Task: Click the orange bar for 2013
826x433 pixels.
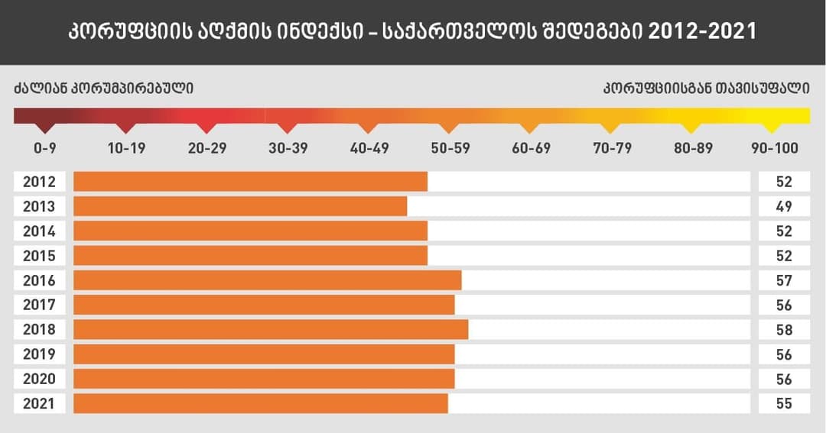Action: (x=240, y=206)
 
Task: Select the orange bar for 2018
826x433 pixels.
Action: (x=271, y=330)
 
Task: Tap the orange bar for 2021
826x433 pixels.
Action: (x=261, y=403)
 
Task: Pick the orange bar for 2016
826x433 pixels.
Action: (x=268, y=280)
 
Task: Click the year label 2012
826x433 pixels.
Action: (x=39, y=182)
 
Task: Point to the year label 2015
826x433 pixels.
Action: (x=39, y=256)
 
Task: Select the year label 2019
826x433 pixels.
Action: (x=39, y=354)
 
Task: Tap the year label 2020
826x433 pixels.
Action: (x=39, y=379)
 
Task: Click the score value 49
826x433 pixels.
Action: (x=783, y=206)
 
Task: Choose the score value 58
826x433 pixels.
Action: (x=783, y=330)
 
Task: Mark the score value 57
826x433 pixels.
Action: (x=783, y=280)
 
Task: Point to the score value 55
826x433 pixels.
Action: (x=783, y=403)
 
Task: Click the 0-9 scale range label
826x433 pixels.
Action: (x=46, y=148)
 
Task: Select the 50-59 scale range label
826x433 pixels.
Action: (x=450, y=148)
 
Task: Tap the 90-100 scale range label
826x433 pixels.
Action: (x=774, y=148)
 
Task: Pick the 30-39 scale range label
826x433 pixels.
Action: (x=288, y=148)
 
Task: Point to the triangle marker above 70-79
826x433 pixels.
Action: (x=612, y=127)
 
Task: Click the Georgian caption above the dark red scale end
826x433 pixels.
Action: (x=103, y=88)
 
